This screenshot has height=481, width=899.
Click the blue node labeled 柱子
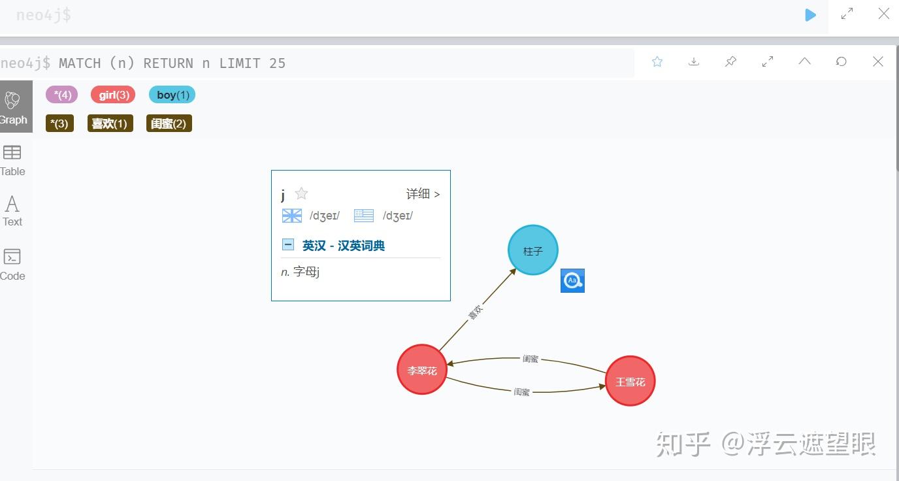pyautogui.click(x=532, y=250)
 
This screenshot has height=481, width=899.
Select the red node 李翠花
pyautogui.click(x=422, y=370)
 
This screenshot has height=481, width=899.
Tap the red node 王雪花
pyautogui.click(x=630, y=381)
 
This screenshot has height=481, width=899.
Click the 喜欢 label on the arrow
pyautogui.click(x=476, y=312)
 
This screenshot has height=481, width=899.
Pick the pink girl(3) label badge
pyautogui.click(x=113, y=95)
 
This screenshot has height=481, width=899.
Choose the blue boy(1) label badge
pyautogui.click(x=172, y=95)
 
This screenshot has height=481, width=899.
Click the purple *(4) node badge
pyautogui.click(x=61, y=95)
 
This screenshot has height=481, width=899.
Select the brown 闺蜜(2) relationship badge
pyautogui.click(x=169, y=124)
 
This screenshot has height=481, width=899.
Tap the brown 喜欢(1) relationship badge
pyautogui.click(x=110, y=124)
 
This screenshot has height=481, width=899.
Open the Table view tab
pyautogui.click(x=12, y=160)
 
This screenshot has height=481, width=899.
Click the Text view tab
pyautogui.click(x=12, y=210)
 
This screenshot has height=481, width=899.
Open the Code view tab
pyautogui.click(x=12, y=264)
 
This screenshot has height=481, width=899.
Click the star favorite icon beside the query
pyautogui.click(x=657, y=61)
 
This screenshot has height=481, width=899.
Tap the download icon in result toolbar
pyautogui.click(x=694, y=61)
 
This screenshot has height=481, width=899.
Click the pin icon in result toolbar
pyautogui.click(x=731, y=61)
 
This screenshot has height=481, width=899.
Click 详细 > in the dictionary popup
pyautogui.click(x=423, y=194)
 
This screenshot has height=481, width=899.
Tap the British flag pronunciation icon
pyautogui.click(x=292, y=216)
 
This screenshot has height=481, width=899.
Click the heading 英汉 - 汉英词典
pyautogui.click(x=343, y=246)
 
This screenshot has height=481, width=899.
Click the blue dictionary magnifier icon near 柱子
pyautogui.click(x=572, y=281)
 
